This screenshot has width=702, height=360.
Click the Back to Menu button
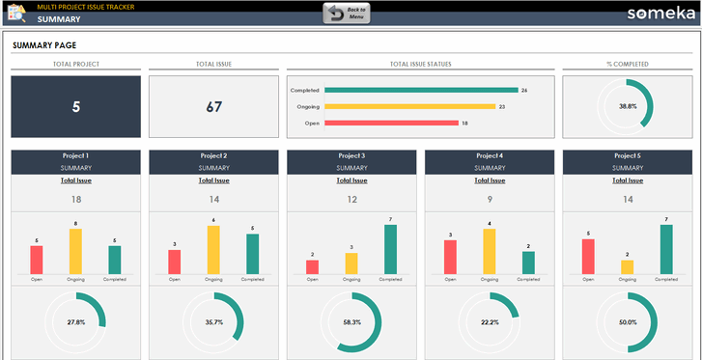pyautogui.click(x=346, y=13)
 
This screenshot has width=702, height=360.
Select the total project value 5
pyautogui.click(x=75, y=107)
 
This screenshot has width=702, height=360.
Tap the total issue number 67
pyautogui.click(x=213, y=107)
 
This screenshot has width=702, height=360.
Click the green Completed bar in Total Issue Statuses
pyautogui.click(x=420, y=90)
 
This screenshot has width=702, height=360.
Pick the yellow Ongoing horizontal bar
pyautogui.click(x=409, y=106)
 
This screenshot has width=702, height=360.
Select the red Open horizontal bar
pyautogui.click(x=391, y=124)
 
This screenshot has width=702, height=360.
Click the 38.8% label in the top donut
pyautogui.click(x=628, y=107)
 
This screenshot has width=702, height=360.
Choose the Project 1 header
pyautogui.click(x=75, y=155)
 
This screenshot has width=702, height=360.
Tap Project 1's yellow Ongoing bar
pyautogui.click(x=75, y=252)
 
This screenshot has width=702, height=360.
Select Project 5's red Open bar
pyautogui.click(x=588, y=257)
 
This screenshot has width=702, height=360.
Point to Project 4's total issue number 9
pyautogui.click(x=490, y=200)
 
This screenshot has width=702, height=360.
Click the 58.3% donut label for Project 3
pyautogui.click(x=351, y=322)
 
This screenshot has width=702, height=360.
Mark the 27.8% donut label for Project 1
pyautogui.click(x=75, y=322)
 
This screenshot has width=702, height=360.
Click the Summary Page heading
pyautogui.click(x=44, y=45)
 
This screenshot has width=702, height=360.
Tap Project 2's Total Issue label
pyautogui.click(x=213, y=180)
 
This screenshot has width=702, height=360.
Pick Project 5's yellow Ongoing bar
pyautogui.click(x=628, y=266)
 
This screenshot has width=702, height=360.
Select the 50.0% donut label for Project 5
pyautogui.click(x=628, y=322)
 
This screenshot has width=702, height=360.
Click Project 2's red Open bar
pyautogui.click(x=174, y=262)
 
